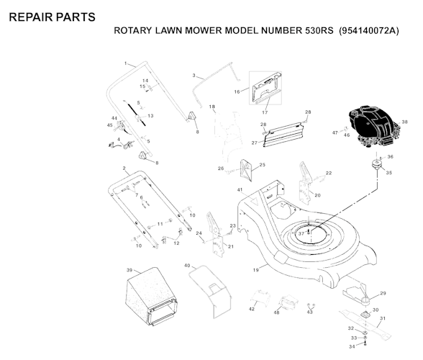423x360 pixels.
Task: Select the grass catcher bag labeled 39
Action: [x=151, y=296]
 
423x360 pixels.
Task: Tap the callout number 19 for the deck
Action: [x=256, y=269]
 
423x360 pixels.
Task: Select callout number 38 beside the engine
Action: [x=404, y=122]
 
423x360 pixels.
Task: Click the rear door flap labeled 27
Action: [x=282, y=135]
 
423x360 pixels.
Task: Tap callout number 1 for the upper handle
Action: [x=125, y=63]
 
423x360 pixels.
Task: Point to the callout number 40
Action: [x=187, y=266]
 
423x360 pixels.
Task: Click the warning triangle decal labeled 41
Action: [x=253, y=200]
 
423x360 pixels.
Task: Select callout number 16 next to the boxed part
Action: [x=237, y=91]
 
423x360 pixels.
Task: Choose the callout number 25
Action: [x=262, y=164]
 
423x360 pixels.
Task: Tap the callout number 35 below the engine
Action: [x=388, y=172]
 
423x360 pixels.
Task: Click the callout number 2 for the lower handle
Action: [x=124, y=168]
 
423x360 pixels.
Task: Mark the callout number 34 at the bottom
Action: [x=352, y=346]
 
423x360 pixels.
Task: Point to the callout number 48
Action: [x=276, y=312]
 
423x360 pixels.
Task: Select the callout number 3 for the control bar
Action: [x=194, y=76]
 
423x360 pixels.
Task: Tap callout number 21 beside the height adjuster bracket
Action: [x=231, y=246]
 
